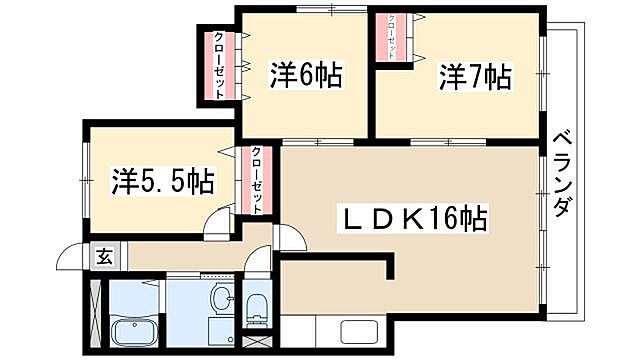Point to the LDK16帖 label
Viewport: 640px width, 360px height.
pos(411,216)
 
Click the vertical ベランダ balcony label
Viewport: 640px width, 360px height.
pos(561,179)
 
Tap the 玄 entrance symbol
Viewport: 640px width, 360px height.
pos(104,256)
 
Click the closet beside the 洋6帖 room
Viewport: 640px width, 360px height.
pos(219,66)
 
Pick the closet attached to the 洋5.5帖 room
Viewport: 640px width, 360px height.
pos(256,180)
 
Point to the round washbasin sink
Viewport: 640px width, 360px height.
pos(223,300)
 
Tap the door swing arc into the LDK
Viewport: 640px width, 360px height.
pos(289,236)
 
